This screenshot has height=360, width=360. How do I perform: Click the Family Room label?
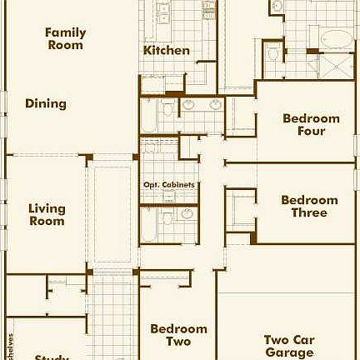(x=65, y=38)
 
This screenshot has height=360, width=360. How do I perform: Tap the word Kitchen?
(x=166, y=50)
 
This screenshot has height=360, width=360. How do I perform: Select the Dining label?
(x=45, y=104)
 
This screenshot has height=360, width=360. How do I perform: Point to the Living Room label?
(x=47, y=215)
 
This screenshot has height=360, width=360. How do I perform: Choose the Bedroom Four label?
(x=311, y=124)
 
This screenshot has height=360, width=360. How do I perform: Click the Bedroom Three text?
(x=309, y=206)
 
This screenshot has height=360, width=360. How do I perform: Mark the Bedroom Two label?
(x=178, y=335)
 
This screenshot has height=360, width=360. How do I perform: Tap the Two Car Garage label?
(x=289, y=346)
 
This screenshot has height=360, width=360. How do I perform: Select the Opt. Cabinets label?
(x=168, y=185)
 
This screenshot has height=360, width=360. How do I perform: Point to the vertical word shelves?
(x=11, y=347)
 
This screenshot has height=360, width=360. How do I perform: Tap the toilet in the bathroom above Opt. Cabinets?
(x=169, y=108)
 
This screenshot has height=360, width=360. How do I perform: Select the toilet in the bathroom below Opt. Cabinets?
(x=167, y=218)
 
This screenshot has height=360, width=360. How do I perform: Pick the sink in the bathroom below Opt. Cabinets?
(x=187, y=214)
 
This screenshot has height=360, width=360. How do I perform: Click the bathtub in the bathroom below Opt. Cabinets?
(x=149, y=225)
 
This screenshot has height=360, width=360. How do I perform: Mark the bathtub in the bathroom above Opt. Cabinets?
(x=149, y=117)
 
